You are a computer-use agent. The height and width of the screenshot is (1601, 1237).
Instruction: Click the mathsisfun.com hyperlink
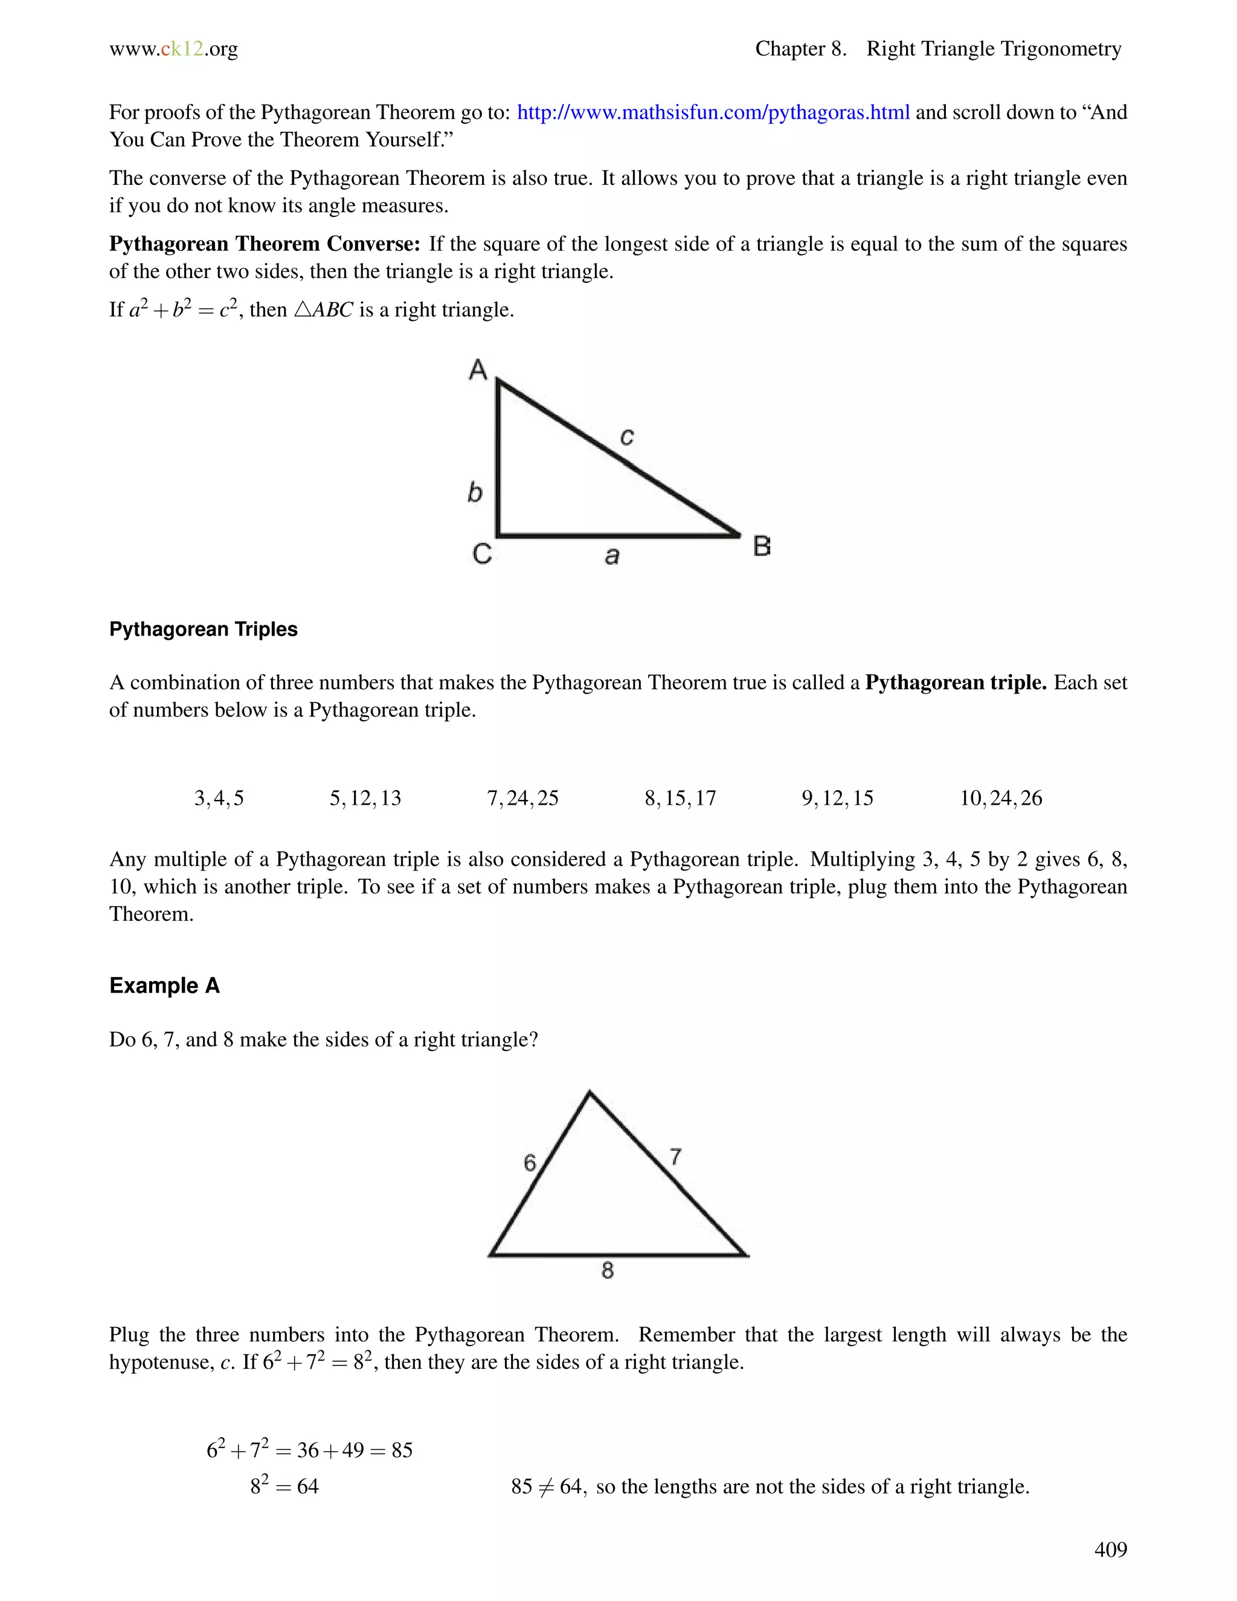coord(713,112)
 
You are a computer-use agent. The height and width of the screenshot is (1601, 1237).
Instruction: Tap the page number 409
coord(1110,1549)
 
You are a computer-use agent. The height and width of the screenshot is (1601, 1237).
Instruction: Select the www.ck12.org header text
coord(174,49)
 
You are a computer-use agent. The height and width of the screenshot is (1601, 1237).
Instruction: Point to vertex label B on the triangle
coord(762,546)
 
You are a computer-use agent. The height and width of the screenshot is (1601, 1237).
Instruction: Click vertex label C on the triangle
coord(481,553)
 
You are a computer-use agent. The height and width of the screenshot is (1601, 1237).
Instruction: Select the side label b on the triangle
coord(475,491)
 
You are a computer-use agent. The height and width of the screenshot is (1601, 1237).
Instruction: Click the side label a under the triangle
coord(612,556)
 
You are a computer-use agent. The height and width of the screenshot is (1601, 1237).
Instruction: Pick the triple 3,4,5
coord(219,798)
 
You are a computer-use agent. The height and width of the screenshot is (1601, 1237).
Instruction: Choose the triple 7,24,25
coord(522,798)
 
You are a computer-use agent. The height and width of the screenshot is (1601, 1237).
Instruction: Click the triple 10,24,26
coord(1000,798)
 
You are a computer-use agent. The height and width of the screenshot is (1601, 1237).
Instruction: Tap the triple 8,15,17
coord(680,798)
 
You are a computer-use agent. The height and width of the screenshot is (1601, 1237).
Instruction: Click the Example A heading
coord(164,985)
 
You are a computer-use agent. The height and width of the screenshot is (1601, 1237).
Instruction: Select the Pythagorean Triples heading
coord(203,629)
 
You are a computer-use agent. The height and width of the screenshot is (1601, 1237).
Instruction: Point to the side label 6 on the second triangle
coord(530,1162)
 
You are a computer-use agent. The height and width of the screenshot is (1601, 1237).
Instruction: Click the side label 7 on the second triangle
coord(676,1157)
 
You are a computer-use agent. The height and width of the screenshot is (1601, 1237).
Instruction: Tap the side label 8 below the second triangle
coord(608,1271)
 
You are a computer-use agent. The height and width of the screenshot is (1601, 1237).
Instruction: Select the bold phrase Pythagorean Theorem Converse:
coord(265,243)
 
